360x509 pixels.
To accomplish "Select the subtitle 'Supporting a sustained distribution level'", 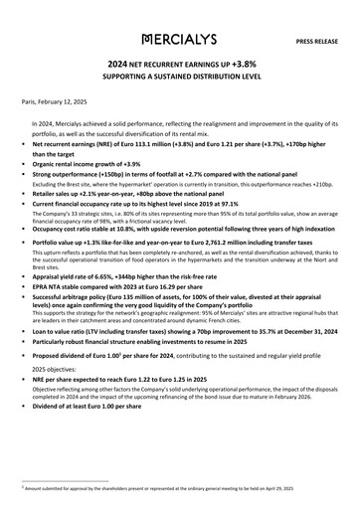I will (x=179, y=76).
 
